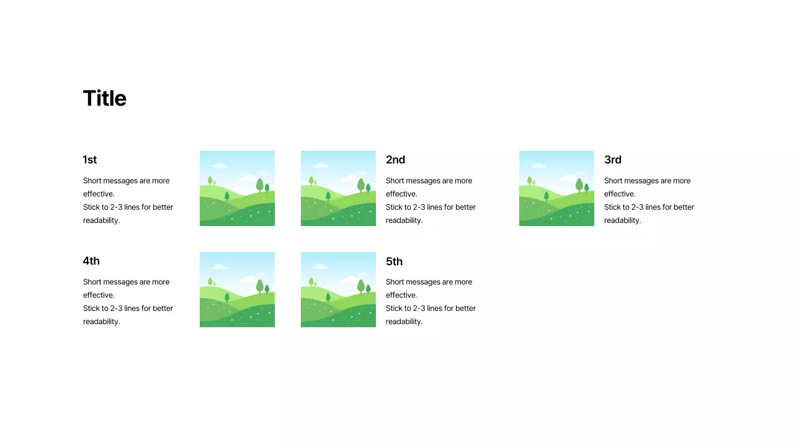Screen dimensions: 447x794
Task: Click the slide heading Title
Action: tap(104, 99)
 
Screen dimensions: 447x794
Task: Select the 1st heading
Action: tap(90, 160)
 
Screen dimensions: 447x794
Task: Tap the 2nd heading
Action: tap(395, 160)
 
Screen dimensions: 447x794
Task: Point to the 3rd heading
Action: tap(613, 160)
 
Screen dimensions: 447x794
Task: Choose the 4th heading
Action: tap(91, 261)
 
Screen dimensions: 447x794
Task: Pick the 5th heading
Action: tap(394, 261)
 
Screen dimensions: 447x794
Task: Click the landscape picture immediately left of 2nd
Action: tap(338, 188)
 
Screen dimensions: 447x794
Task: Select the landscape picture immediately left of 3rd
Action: tap(556, 188)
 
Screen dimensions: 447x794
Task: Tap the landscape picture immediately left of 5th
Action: tap(338, 289)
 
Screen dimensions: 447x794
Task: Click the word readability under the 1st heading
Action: tap(100, 220)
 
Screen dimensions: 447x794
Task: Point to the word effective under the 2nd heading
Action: tap(401, 194)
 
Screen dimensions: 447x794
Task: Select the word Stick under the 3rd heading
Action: tap(613, 207)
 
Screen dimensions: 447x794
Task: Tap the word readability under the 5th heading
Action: tap(403, 322)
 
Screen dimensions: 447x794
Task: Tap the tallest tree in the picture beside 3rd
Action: tap(579, 184)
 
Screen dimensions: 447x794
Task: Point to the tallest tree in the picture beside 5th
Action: tap(361, 286)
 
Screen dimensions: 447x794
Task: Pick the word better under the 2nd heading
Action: tap(465, 207)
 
